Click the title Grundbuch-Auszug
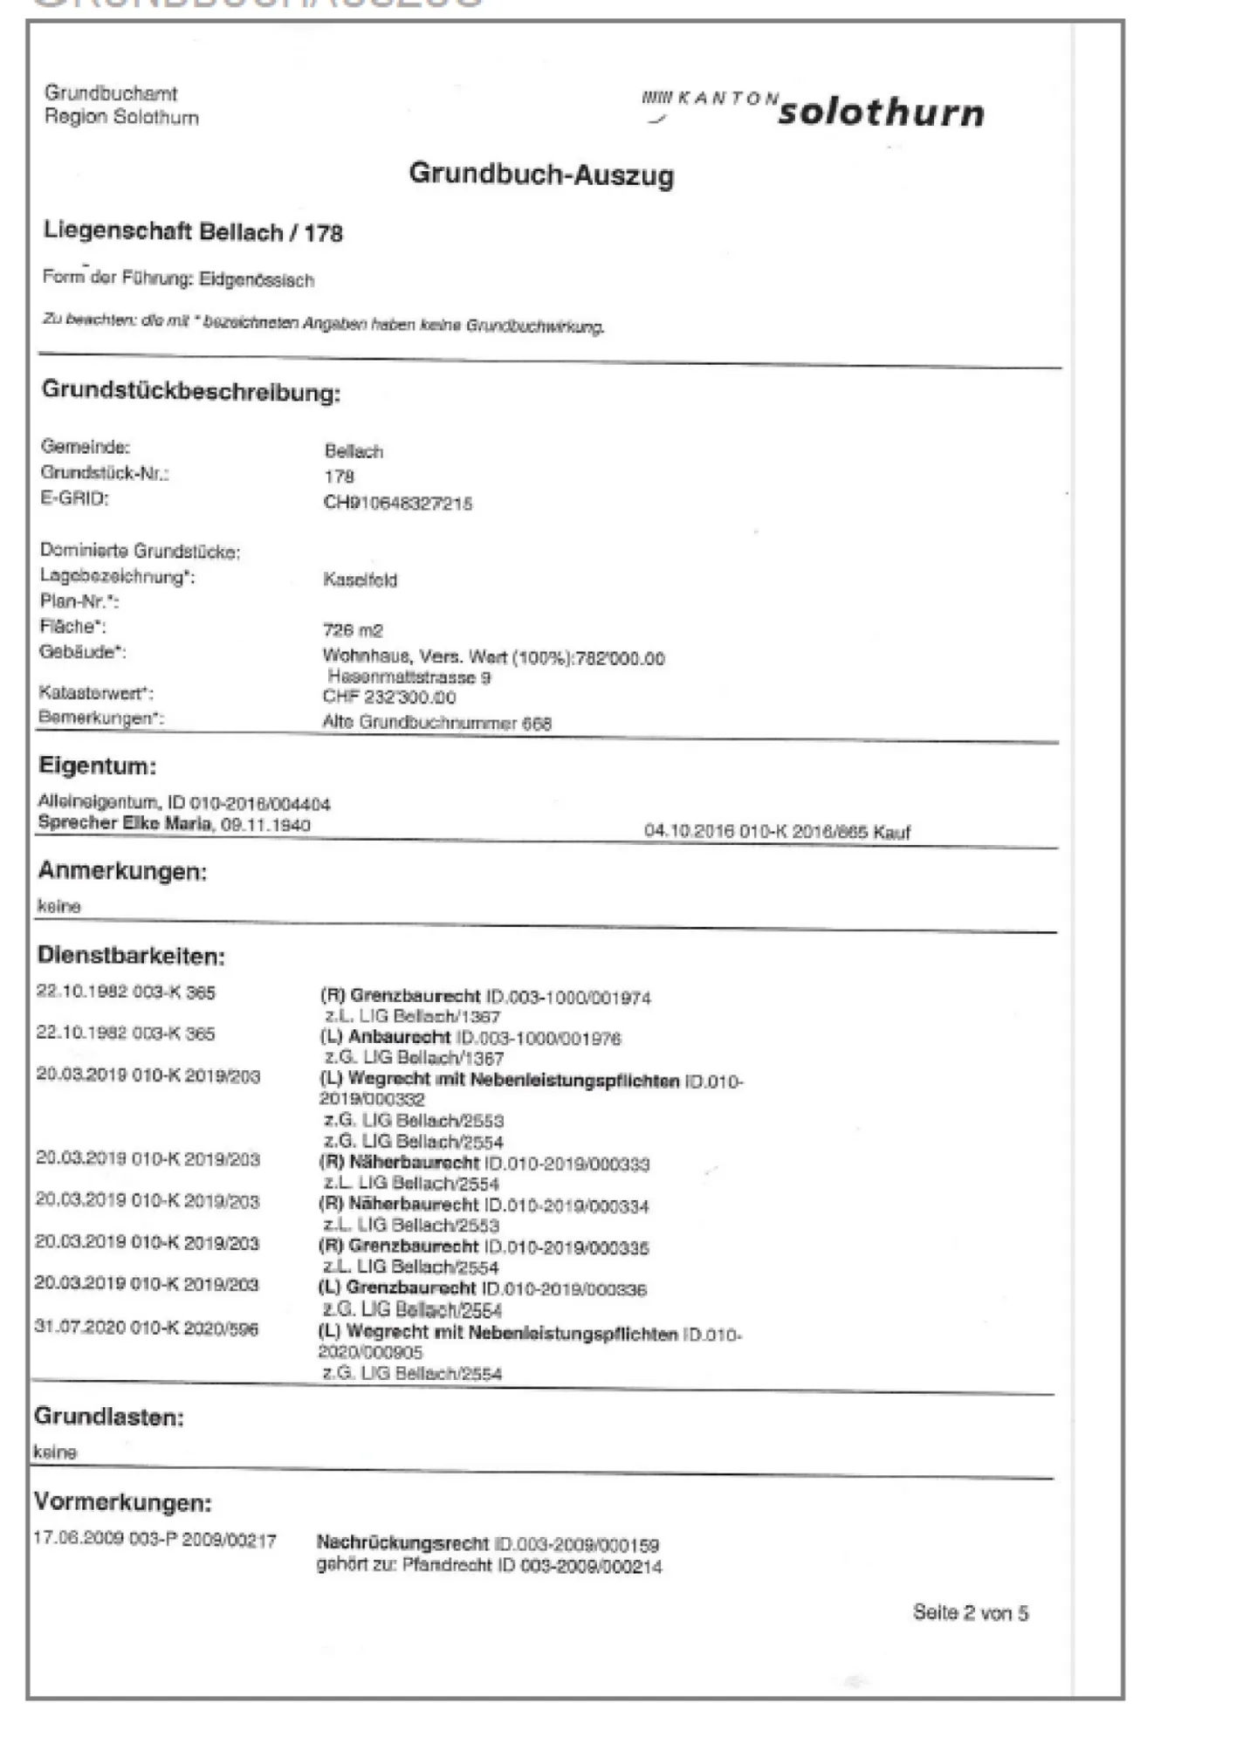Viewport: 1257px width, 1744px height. pos(541,174)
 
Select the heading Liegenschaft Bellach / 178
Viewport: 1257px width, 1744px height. pos(193,232)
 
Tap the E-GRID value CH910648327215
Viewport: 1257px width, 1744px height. pos(397,503)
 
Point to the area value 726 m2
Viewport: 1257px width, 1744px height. pos(353,630)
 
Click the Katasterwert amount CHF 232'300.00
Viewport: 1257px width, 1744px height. pos(389,697)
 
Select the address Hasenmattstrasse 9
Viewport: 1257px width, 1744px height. pos(409,677)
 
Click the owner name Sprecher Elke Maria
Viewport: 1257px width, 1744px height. pos(125,823)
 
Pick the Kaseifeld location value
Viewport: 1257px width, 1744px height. pos(360,580)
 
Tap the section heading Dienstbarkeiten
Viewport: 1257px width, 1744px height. pos(131,956)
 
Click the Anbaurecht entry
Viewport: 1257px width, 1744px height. pos(399,1038)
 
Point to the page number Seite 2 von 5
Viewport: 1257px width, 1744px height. pos(970,1612)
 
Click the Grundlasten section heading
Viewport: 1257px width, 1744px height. pos(108,1417)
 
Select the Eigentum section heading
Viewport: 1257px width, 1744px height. pos(97,766)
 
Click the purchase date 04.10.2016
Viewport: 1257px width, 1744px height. pos(688,831)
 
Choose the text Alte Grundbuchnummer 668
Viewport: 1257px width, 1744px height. pos(436,723)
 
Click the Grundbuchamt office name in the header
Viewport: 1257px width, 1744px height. pos(111,93)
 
